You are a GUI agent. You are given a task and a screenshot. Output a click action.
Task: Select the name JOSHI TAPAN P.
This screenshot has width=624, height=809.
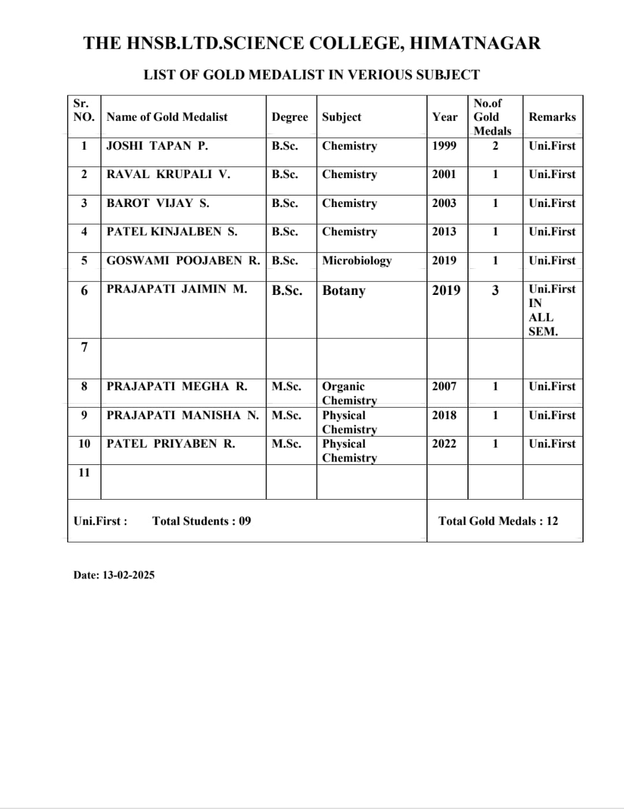(157, 146)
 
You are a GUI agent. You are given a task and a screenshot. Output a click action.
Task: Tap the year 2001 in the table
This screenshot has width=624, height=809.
(444, 174)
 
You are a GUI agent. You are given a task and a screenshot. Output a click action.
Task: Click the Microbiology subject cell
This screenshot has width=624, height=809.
(356, 260)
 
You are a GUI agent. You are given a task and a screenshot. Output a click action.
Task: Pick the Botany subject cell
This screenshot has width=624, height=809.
(344, 290)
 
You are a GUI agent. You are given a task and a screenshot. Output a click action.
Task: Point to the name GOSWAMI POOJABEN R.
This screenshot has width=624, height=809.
(183, 260)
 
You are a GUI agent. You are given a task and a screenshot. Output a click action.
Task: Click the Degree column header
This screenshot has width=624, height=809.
(289, 117)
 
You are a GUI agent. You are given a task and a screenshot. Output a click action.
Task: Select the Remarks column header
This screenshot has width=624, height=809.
(552, 117)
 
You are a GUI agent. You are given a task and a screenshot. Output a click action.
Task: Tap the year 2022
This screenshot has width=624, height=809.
(444, 444)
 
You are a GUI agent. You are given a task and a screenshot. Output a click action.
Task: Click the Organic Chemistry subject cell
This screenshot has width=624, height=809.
(349, 393)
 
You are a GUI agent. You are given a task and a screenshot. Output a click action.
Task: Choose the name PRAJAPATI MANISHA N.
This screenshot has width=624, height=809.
(183, 415)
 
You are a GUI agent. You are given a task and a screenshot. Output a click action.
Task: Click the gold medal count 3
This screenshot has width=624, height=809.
(495, 290)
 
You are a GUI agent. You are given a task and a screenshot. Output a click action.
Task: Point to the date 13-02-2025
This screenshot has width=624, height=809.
(128, 575)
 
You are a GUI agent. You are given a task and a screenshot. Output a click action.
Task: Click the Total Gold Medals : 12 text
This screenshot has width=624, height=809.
(498, 521)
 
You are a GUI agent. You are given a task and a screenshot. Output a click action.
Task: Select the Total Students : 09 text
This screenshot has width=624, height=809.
(202, 521)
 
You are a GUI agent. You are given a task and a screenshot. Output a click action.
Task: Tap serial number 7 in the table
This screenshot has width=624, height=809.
(84, 347)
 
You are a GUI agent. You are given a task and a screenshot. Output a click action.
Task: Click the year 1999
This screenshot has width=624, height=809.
(444, 146)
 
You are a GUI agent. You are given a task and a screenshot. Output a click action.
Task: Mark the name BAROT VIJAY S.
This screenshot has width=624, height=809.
(158, 203)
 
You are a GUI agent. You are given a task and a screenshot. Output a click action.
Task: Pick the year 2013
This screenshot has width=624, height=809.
(444, 231)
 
